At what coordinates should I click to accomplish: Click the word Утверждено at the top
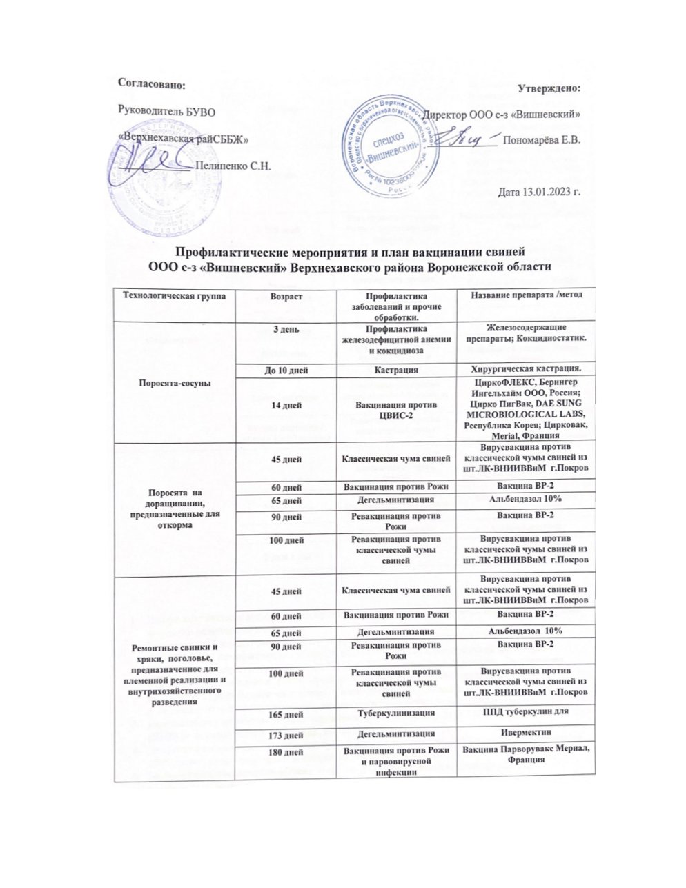click(549, 88)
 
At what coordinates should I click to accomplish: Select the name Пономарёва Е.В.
click(542, 140)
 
